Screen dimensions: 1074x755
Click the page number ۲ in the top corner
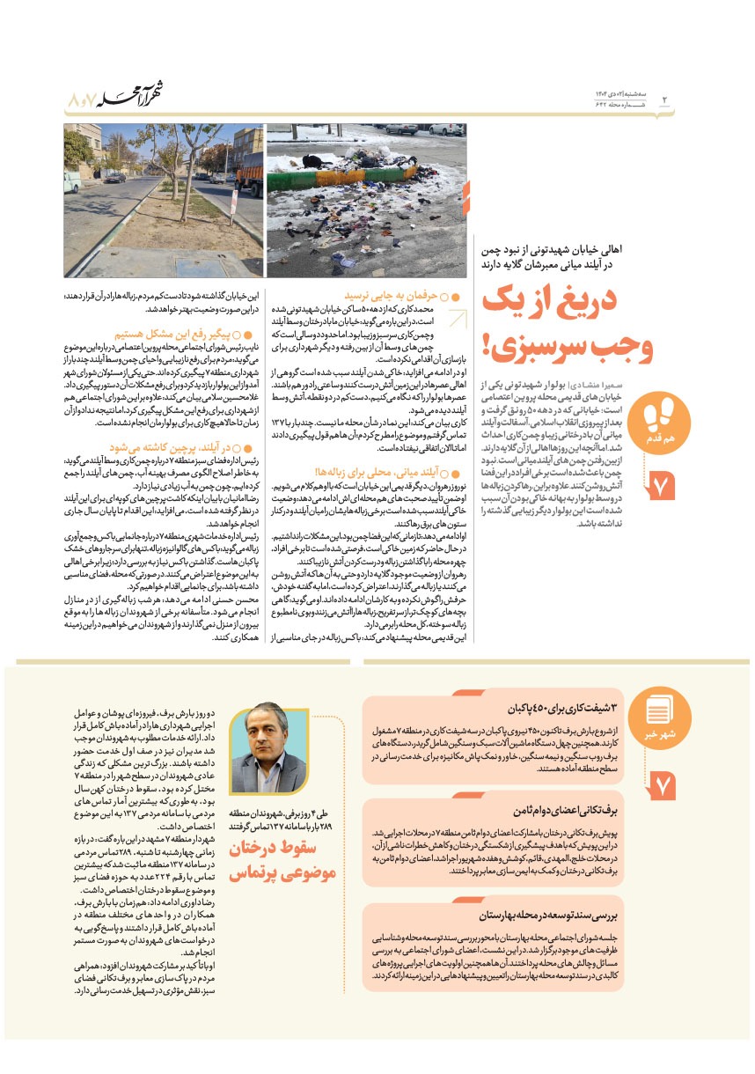[664, 99]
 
